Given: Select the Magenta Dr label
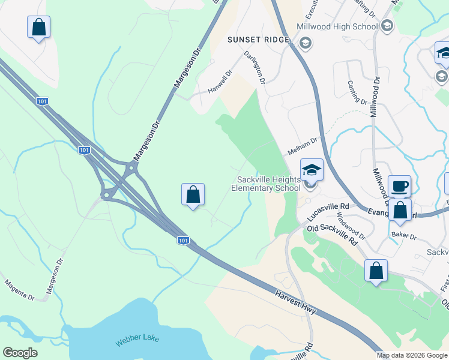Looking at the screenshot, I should (20, 289).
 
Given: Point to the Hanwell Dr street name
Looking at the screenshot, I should (220, 82).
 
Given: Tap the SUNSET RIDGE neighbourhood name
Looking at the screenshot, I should (259, 40).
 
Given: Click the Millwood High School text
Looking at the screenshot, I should (337, 26).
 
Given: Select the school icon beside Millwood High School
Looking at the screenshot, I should (387, 25).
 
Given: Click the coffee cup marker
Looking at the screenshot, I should (399, 186).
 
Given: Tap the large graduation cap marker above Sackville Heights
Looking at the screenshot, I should (312, 170).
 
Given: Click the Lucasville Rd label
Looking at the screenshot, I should (328, 211).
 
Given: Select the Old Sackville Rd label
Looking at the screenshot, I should (332, 233).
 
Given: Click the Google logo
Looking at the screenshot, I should (20, 353).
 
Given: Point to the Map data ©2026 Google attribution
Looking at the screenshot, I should (412, 355).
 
